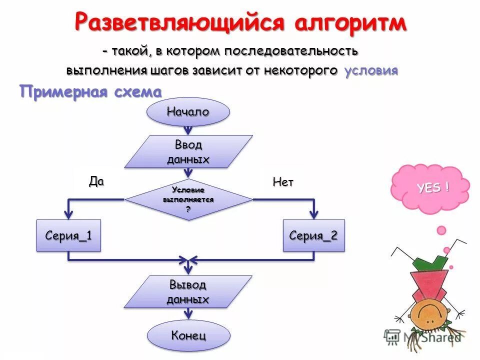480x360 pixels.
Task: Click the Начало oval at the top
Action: [x=188, y=112]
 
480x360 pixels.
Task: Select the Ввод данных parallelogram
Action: [x=188, y=151]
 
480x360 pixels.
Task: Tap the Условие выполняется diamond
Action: [x=188, y=199]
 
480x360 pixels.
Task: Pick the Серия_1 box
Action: [x=68, y=235]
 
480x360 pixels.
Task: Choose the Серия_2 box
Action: [x=313, y=235]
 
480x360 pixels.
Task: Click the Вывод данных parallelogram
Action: [x=188, y=292]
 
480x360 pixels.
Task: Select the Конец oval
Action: [x=188, y=335]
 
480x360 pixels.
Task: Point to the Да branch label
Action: [x=96, y=181]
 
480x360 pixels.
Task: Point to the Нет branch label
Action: [x=283, y=182]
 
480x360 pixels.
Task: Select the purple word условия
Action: [x=371, y=70]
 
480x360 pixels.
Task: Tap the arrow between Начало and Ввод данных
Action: [x=188, y=130]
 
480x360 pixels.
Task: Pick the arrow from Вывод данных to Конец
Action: [x=188, y=313]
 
